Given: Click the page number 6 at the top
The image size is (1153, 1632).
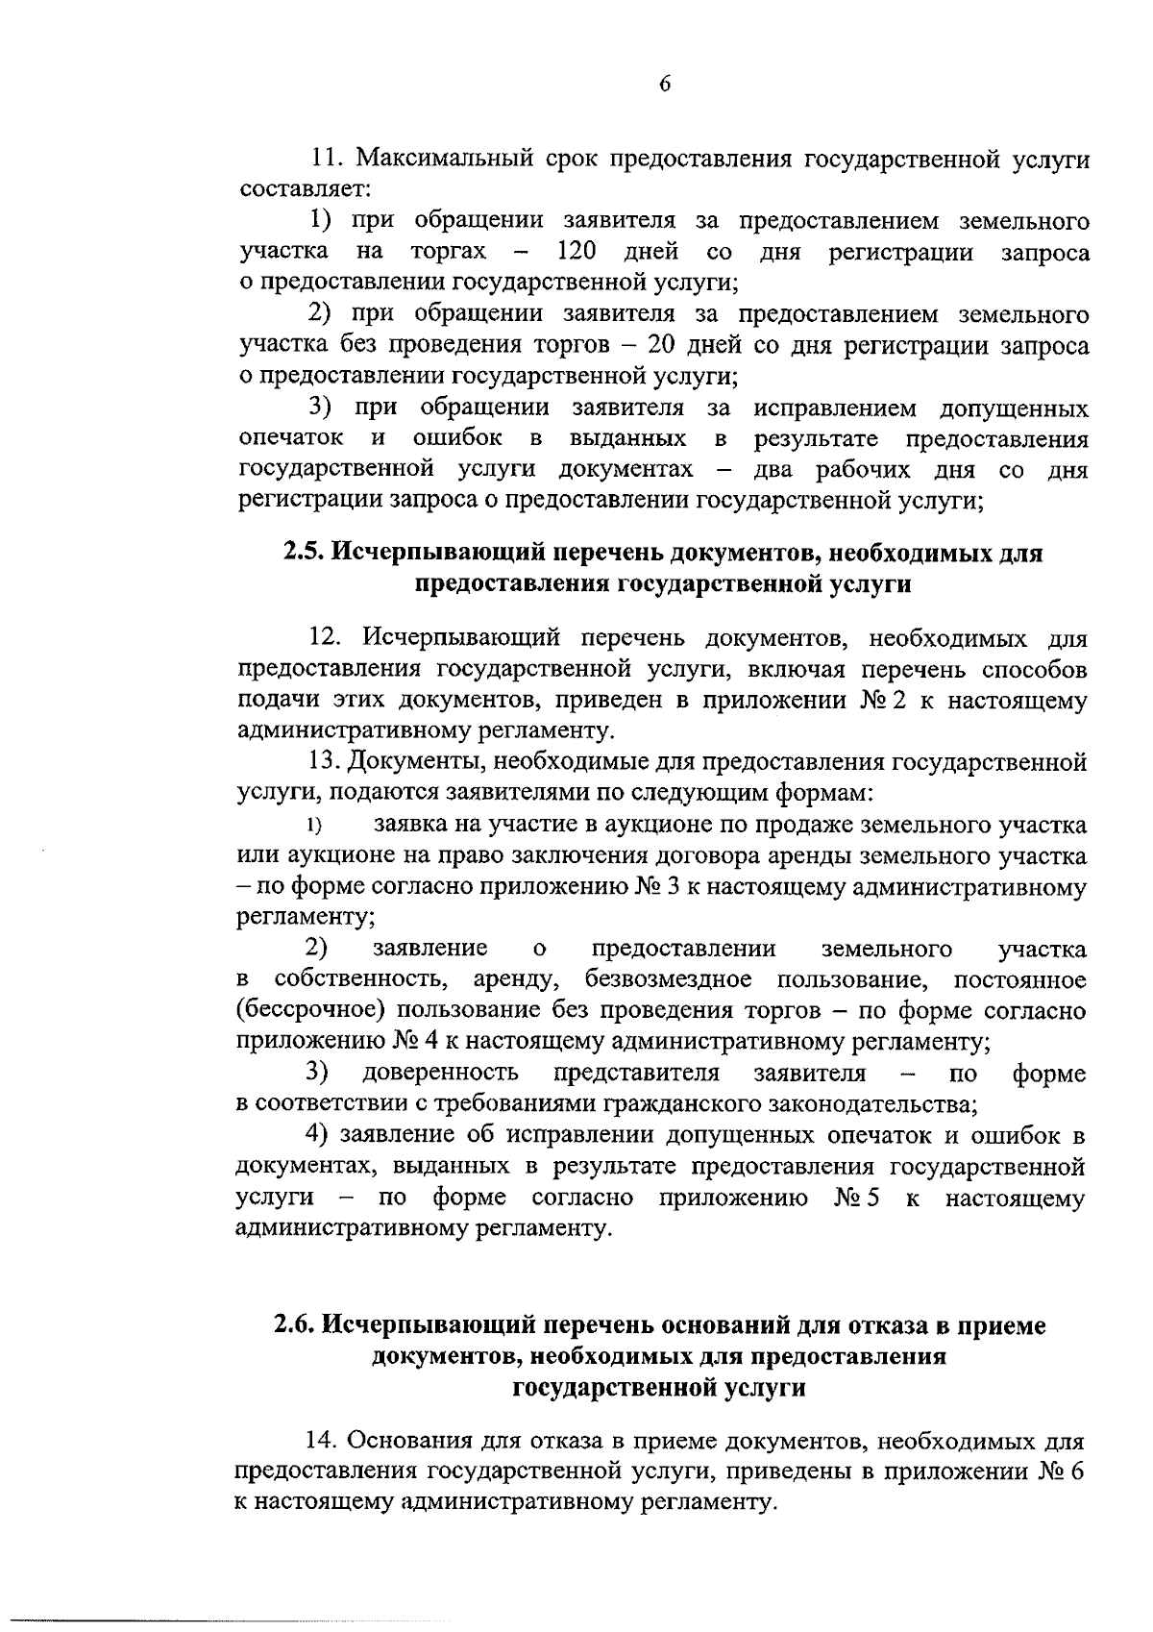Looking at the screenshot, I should click(664, 84).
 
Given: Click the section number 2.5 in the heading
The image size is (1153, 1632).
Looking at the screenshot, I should click(304, 553).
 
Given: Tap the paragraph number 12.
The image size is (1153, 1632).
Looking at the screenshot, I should click(327, 637).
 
